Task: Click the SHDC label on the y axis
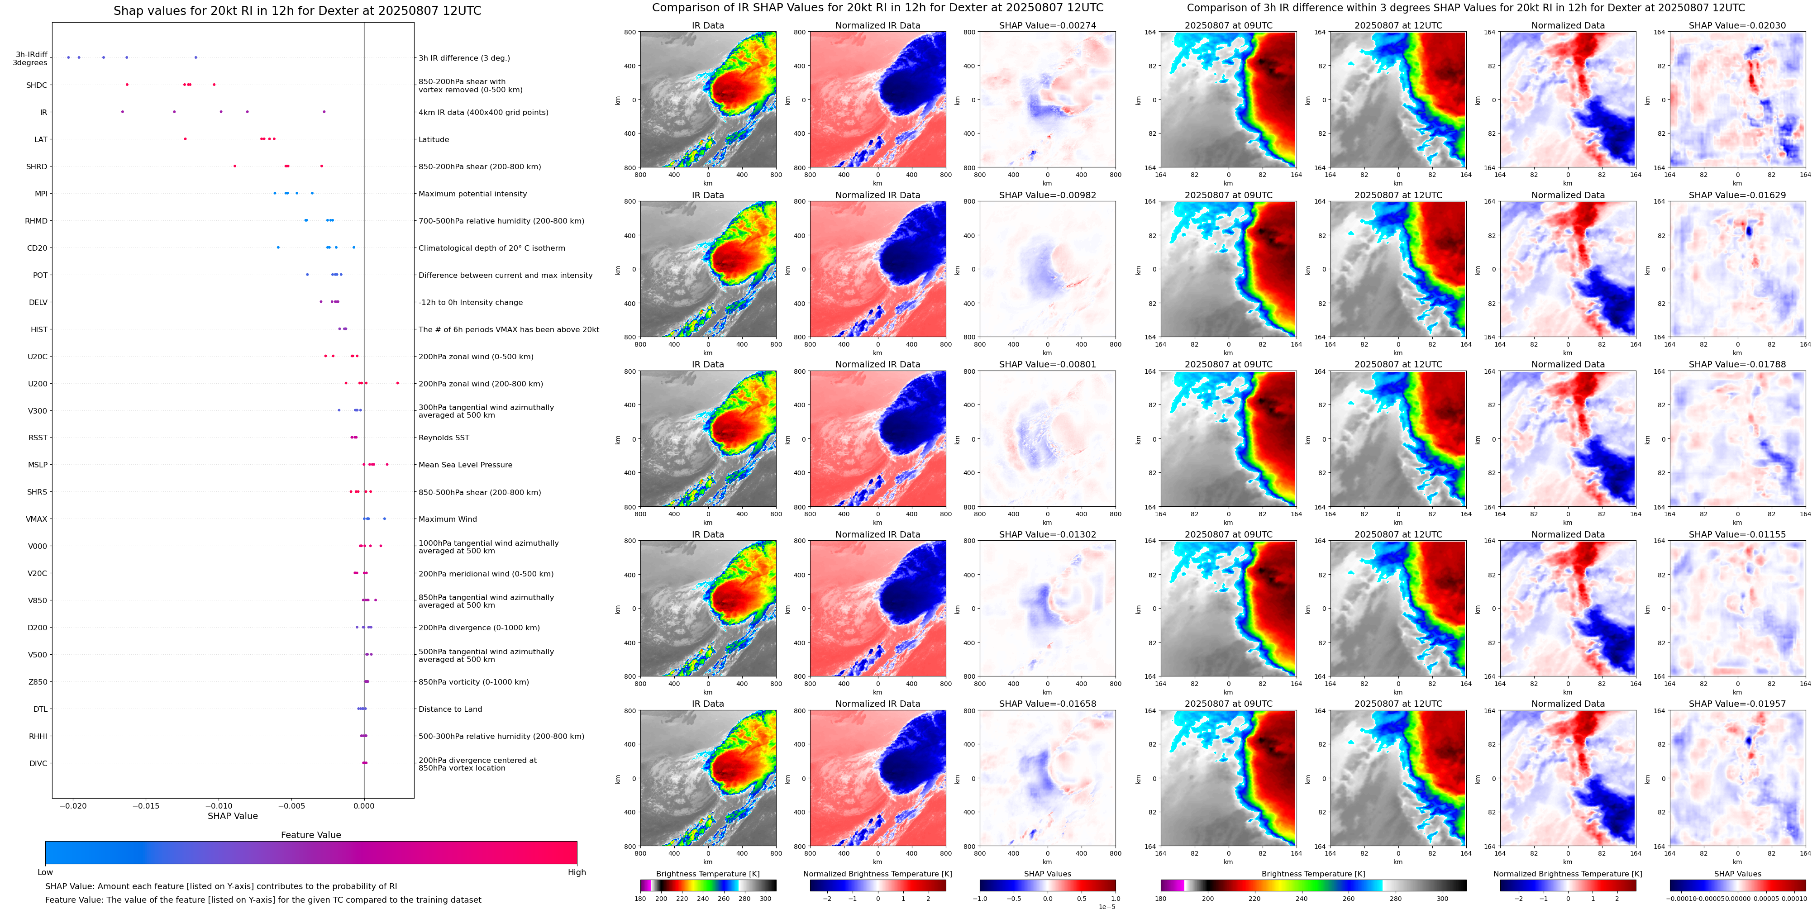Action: [37, 86]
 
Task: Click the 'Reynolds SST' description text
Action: [444, 438]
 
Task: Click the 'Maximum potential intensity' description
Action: [472, 194]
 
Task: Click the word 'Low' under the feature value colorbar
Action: [45, 872]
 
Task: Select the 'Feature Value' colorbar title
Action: [310, 835]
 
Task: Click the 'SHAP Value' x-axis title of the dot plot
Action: [232, 816]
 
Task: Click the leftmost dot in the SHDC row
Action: [127, 85]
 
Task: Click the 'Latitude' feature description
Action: [434, 140]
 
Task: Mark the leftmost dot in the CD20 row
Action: [278, 247]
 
